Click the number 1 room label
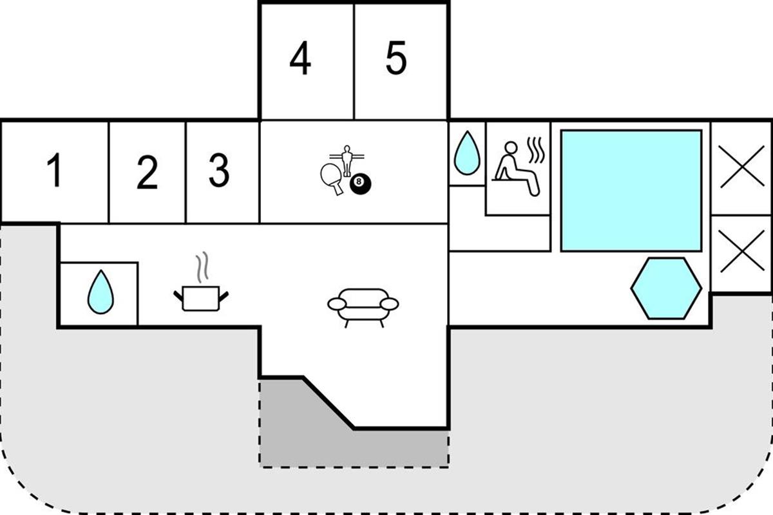[x=55, y=170]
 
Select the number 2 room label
[x=148, y=172]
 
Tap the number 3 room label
[x=219, y=170]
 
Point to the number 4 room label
[x=300, y=58]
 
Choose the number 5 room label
[x=396, y=57]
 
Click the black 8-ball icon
[x=360, y=184]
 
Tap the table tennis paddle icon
[x=332, y=178]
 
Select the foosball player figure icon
[x=347, y=160]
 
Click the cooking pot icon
[x=201, y=298]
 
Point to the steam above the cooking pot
[x=202, y=267]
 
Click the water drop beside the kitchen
[x=100, y=292]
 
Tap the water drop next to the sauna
[x=467, y=153]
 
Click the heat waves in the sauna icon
[x=536, y=150]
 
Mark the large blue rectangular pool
[x=631, y=191]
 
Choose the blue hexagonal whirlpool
[x=666, y=288]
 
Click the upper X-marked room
[x=741, y=167]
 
